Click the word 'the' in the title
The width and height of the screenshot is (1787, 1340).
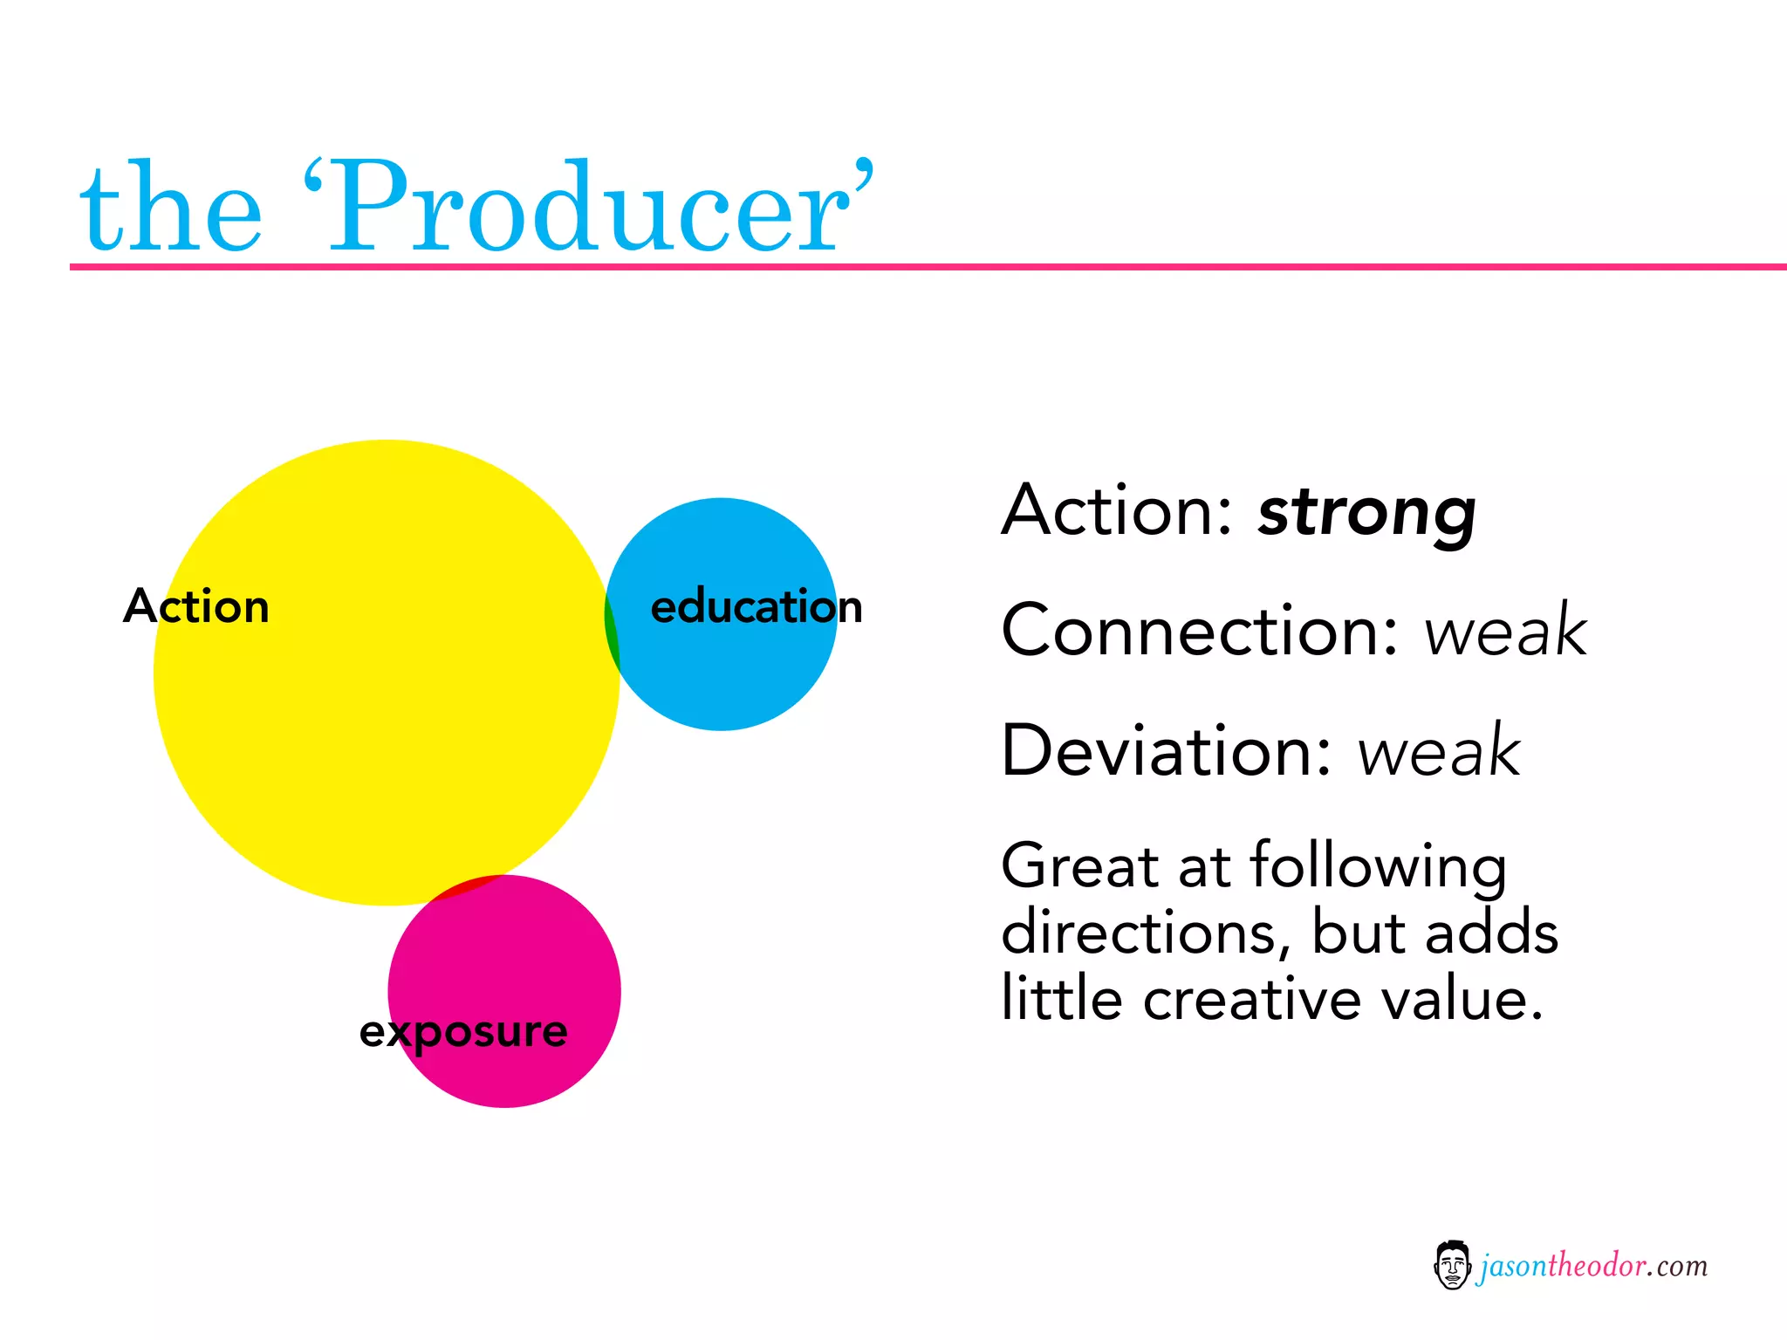coord(171,209)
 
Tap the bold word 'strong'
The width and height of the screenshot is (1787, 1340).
coord(1366,513)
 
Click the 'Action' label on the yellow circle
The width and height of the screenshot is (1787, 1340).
coord(196,606)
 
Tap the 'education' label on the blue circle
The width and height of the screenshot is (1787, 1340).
coord(757,606)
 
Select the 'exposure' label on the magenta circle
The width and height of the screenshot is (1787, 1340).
coord(463,1032)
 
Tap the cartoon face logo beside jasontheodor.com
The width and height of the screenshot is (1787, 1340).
coord(1452,1265)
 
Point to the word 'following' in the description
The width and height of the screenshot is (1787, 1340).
coord(1378,868)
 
